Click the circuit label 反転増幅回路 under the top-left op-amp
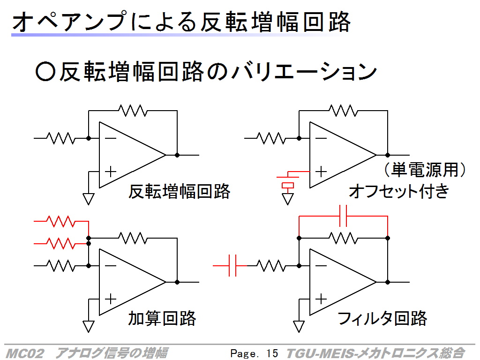pyautogui.click(x=179, y=192)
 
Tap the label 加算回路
pyautogui.click(x=162, y=318)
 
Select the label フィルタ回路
pyautogui.click(x=382, y=318)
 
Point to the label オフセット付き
pyautogui.click(x=399, y=191)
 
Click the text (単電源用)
pyautogui.click(x=425, y=170)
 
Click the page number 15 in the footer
pyautogui.click(x=272, y=353)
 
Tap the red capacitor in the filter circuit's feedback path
pyautogui.click(x=343, y=216)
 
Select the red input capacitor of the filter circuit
pyautogui.click(x=232, y=266)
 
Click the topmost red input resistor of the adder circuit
pyautogui.click(x=61, y=221)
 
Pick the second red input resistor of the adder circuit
pyautogui.click(x=61, y=244)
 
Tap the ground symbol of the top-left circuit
pyautogui.click(x=89, y=199)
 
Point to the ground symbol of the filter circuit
pyautogui.click(x=299, y=326)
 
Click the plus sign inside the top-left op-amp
pyautogui.click(x=111, y=172)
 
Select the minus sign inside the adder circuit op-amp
pyautogui.click(x=111, y=266)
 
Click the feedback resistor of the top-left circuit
pyautogui.click(x=133, y=111)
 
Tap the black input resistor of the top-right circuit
pyautogui.click(x=271, y=138)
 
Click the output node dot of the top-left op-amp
pyautogui.click(x=177, y=155)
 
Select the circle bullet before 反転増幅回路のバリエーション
pyautogui.click(x=45, y=72)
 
